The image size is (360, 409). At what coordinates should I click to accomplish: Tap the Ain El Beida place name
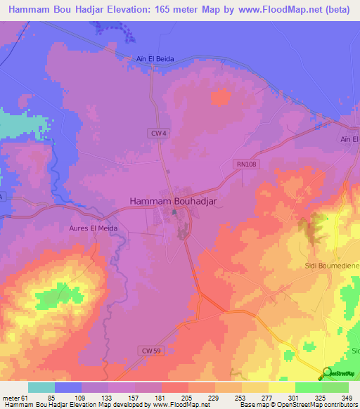click(x=155, y=59)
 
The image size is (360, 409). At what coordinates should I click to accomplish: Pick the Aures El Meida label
click(x=93, y=228)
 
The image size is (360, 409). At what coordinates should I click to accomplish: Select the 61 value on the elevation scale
click(x=27, y=398)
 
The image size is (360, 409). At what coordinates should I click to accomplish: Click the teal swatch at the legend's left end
click(x=41, y=387)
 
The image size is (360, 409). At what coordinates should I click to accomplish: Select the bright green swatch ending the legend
click(x=335, y=387)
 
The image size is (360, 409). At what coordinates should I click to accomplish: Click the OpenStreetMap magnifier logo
click(x=326, y=372)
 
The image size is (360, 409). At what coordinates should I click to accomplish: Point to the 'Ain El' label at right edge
click(x=349, y=140)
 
